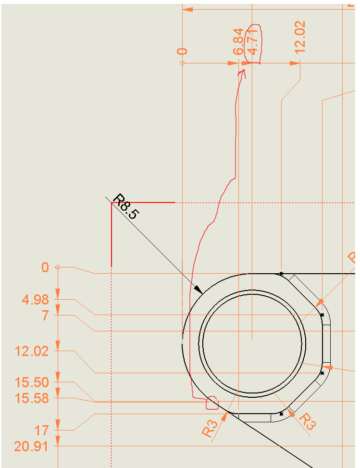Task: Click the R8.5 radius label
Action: click(126, 206)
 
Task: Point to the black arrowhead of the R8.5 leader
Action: click(199, 290)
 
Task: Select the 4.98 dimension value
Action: click(35, 299)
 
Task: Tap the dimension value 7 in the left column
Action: click(45, 316)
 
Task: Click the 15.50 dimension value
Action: click(32, 382)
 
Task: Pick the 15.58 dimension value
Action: click(32, 398)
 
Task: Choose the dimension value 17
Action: click(41, 430)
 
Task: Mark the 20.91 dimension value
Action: click(31, 447)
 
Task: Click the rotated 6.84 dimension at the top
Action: click(238, 42)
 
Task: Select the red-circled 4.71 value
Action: click(252, 42)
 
